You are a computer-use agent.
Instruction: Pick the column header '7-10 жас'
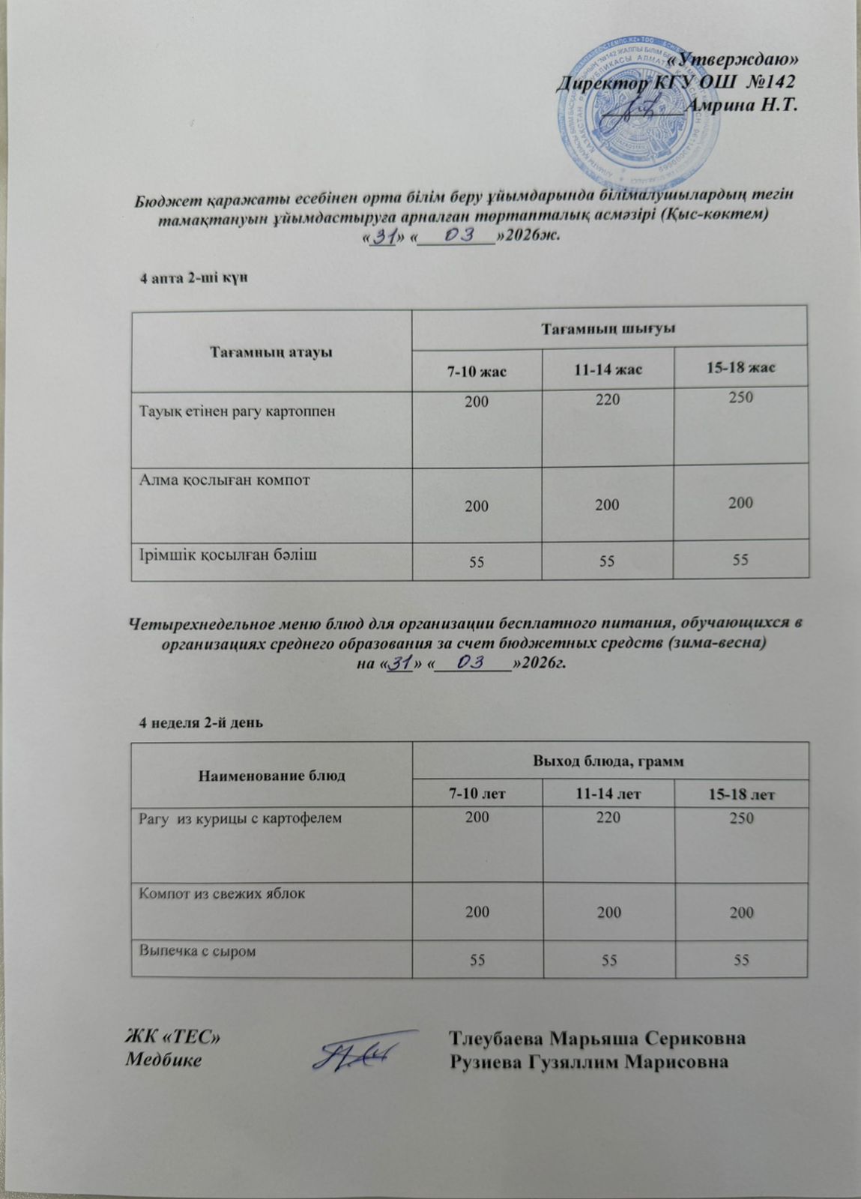pyautogui.click(x=477, y=370)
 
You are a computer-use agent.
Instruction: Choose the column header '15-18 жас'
pyautogui.click(x=740, y=368)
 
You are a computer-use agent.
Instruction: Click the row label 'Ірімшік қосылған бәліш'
pyautogui.click(x=217, y=554)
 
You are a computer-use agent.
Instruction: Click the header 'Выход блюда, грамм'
pyautogui.click(x=610, y=762)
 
